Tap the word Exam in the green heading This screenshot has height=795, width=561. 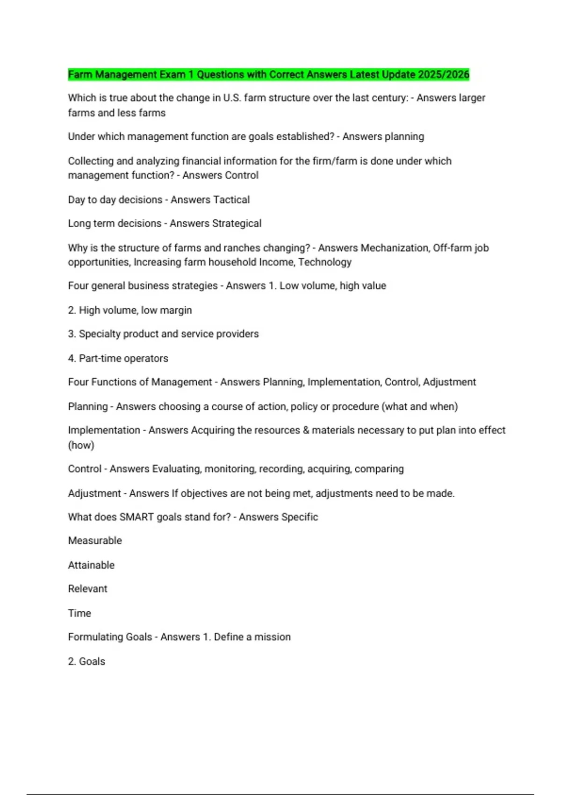click(x=173, y=74)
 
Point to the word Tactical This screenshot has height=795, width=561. click(x=230, y=200)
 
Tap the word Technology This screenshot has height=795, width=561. click(x=325, y=262)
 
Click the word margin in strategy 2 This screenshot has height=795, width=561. click(x=176, y=310)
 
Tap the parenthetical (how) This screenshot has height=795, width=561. click(x=81, y=445)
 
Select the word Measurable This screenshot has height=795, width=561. click(x=95, y=541)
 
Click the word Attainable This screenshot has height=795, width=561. click(x=91, y=565)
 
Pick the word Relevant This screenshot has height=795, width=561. click(x=87, y=589)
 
